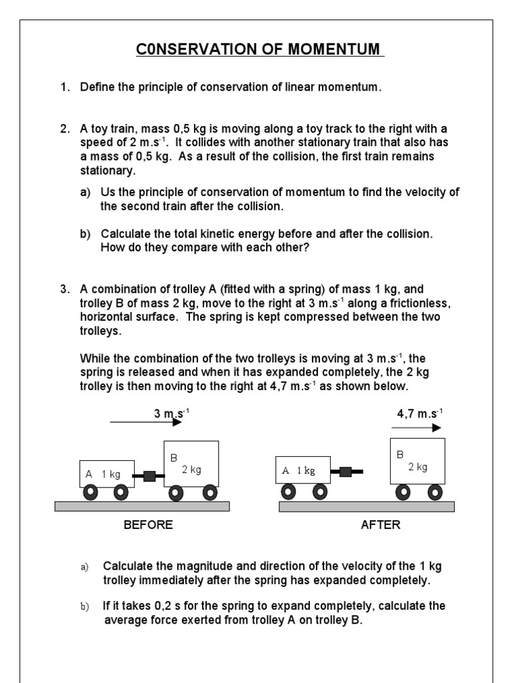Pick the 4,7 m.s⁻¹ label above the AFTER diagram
419,414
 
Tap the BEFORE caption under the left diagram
148,525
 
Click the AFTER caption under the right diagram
380,525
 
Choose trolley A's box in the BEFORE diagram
106,473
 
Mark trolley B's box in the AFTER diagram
417,462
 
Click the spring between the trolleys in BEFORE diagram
150,476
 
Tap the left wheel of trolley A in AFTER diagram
289,492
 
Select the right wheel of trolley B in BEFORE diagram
209,494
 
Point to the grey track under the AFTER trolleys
366,507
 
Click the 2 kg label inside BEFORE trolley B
191,470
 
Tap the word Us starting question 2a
108,193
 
